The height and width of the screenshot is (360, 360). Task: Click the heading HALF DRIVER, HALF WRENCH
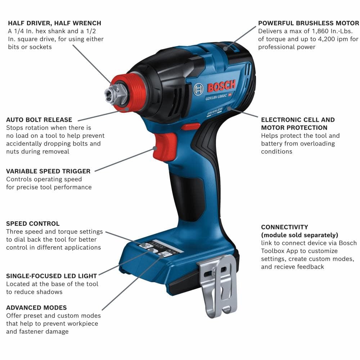54,23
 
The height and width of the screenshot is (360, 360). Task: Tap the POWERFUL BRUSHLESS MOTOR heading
309,23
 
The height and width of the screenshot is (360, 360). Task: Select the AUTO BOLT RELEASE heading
39,120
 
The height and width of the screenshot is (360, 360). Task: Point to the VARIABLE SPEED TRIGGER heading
48,171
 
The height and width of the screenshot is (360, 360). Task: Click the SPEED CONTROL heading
33,224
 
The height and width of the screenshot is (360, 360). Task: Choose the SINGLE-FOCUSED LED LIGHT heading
51,276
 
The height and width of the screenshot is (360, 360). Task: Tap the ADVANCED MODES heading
36,307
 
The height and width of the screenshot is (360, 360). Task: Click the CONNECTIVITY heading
284,227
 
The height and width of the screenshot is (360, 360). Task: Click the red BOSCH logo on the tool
221,86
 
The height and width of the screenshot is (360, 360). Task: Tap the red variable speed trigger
164,146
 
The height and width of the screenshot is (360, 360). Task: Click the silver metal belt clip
219,284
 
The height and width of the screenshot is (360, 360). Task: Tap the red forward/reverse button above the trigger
190,126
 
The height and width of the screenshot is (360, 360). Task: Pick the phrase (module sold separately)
300,235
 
